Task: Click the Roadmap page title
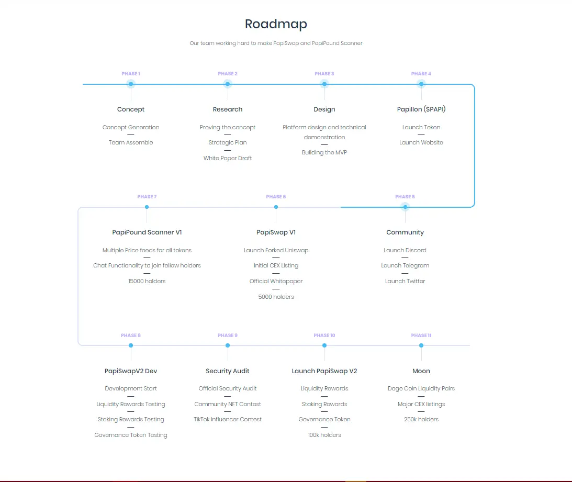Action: [276, 24]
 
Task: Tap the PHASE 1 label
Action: [131, 74]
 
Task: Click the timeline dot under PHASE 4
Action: [421, 84]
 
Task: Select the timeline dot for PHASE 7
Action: [147, 207]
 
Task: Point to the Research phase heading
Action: [228, 109]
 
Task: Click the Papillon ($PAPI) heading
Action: [421, 109]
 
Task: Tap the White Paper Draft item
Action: [228, 158]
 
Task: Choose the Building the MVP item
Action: [324, 152]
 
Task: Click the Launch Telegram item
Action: [405, 266]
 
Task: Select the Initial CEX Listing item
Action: [276, 266]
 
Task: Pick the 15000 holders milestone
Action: [147, 281]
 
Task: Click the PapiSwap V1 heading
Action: [276, 232]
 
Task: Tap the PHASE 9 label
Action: [228, 335]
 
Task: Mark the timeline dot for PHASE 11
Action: [421, 345]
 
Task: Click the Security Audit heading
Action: [228, 371]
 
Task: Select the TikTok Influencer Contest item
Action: [228, 419]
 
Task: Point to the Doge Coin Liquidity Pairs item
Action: [421, 389]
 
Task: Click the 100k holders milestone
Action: [324, 435]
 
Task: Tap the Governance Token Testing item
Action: [131, 435]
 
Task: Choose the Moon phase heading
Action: [421, 371]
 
